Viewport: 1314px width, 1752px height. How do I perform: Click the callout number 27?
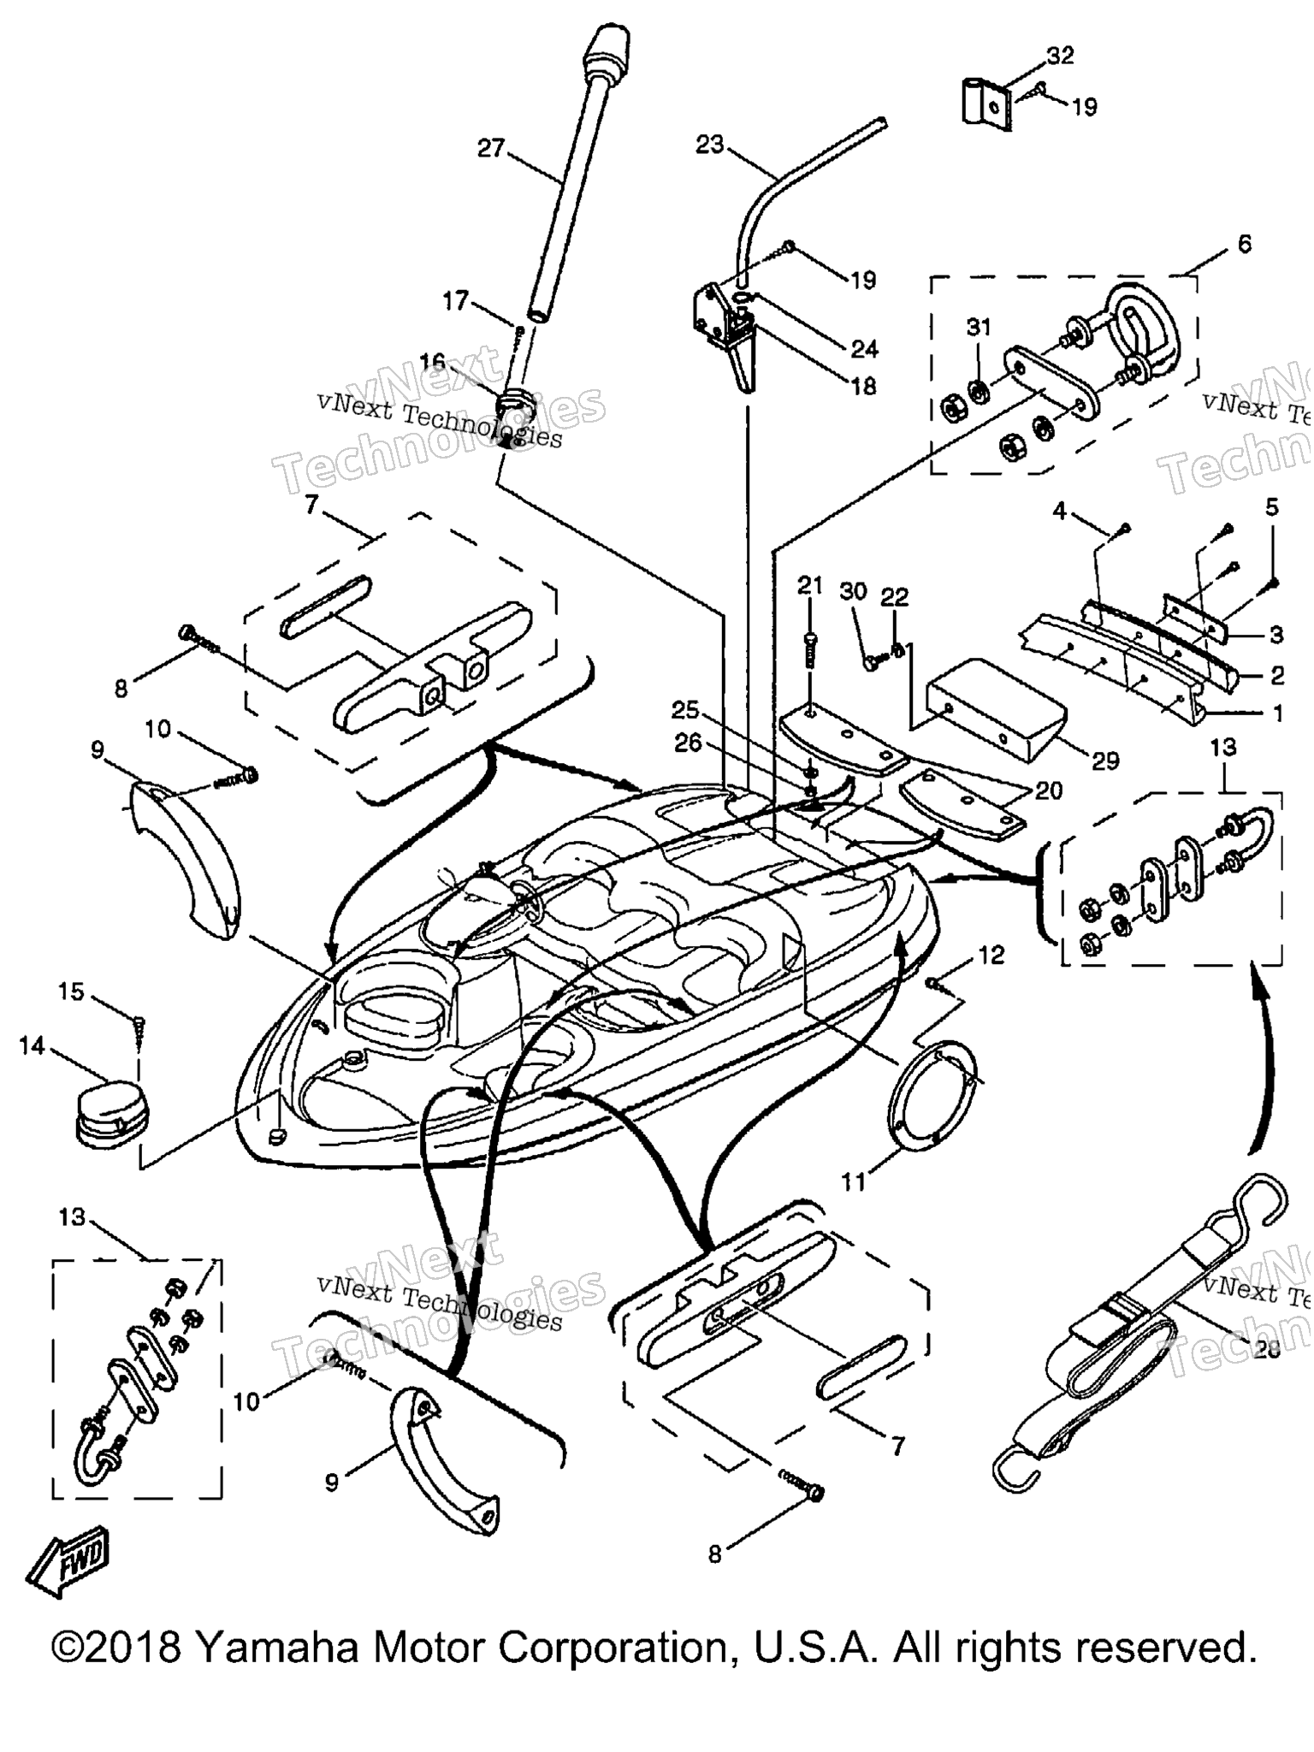(x=490, y=149)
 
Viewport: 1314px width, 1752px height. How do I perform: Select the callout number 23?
(x=709, y=145)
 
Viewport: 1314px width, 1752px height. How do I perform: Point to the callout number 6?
(x=1244, y=244)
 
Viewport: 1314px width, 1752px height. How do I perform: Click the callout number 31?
(x=979, y=327)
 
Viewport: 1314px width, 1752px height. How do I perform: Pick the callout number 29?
(x=1105, y=761)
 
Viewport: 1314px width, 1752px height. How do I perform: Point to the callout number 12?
(x=991, y=955)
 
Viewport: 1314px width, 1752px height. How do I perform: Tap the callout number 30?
(x=854, y=591)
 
